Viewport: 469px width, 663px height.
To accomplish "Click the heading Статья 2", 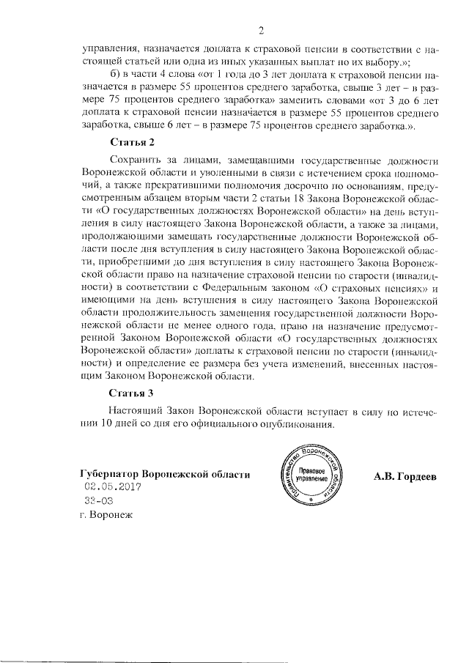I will coord(131,141).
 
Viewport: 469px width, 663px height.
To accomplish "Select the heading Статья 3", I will coord(131,393).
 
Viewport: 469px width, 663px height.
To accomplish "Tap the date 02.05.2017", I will coord(110,487).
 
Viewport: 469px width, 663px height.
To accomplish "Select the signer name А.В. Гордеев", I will coord(405,475).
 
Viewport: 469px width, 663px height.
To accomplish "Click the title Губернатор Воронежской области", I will coord(166,474).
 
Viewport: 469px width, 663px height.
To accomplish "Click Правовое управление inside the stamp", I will coord(313,473).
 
